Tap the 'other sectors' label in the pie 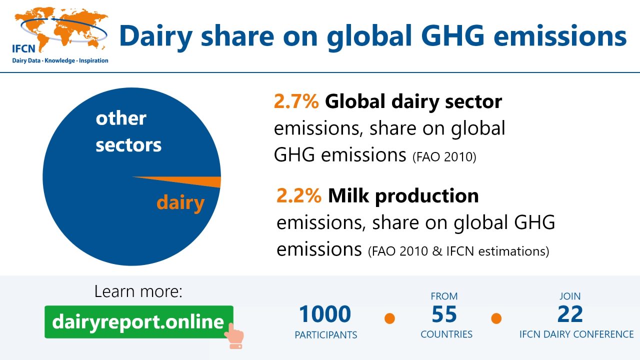pyautogui.click(x=128, y=131)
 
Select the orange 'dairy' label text pyautogui.click(x=180, y=202)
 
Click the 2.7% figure pyautogui.click(x=296, y=101)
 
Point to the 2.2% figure pyautogui.click(x=298, y=195)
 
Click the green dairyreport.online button pyautogui.click(x=138, y=322)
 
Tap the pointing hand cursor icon pyautogui.click(x=233, y=335)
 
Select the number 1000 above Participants pyautogui.click(x=325, y=314)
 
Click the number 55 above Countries pyautogui.click(x=444, y=314)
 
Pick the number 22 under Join pyautogui.click(x=570, y=314)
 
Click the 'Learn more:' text pyautogui.click(x=138, y=291)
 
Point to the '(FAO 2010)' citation pyautogui.click(x=444, y=157)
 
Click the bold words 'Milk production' pyautogui.click(x=403, y=195)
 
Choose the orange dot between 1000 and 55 pyautogui.click(x=389, y=318)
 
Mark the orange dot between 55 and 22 pyautogui.click(x=496, y=318)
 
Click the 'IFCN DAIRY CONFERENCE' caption pyautogui.click(x=576, y=334)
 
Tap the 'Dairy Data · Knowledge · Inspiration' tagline pyautogui.click(x=60, y=60)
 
